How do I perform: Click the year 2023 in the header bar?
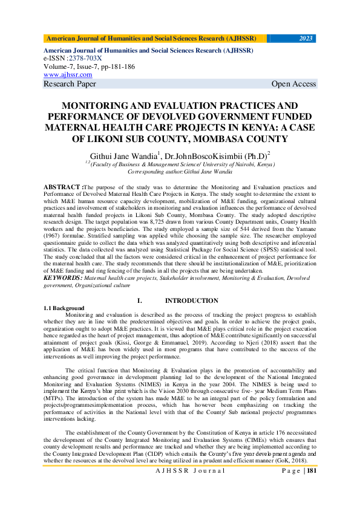click(x=306, y=38)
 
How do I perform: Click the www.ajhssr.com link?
click(x=68, y=74)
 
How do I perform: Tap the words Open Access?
click(x=293, y=84)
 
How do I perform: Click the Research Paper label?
click(x=70, y=84)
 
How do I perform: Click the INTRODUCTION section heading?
click(x=192, y=300)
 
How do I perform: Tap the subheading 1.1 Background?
click(x=64, y=308)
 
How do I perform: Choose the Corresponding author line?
click(x=180, y=171)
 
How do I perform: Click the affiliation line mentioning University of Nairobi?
click(x=180, y=164)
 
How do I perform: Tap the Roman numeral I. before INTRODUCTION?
click(x=139, y=300)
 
